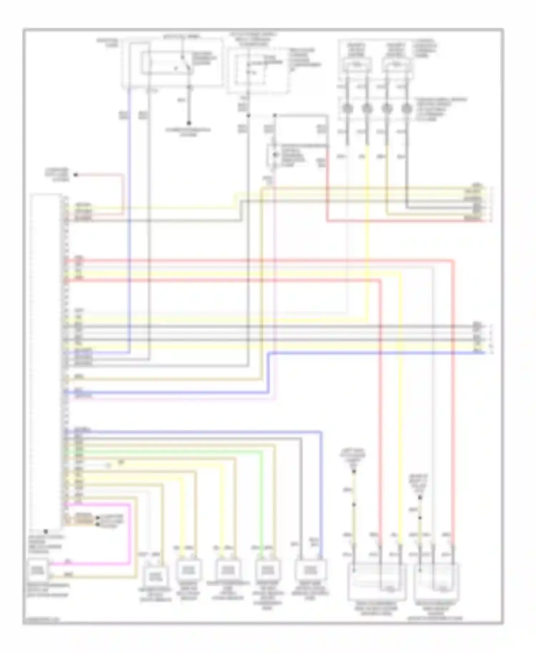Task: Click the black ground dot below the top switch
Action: pos(189,123)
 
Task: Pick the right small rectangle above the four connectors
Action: pos(397,65)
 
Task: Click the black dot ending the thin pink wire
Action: pos(75,175)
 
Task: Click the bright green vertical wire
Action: pos(262,500)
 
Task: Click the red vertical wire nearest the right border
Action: pos(454,393)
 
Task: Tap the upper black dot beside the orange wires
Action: pos(97,518)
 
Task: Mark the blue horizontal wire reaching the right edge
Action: pos(375,353)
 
